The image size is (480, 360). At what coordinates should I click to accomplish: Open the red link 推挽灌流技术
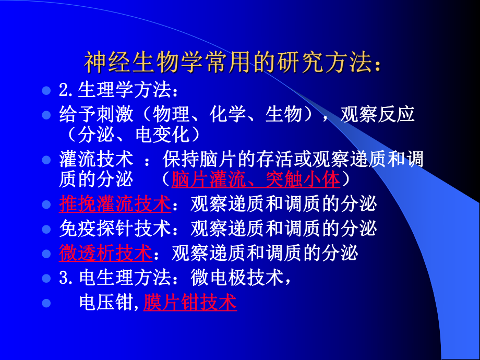[115, 205]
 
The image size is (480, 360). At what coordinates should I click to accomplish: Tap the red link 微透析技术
[106, 253]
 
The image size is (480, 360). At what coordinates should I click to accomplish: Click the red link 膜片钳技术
[190, 302]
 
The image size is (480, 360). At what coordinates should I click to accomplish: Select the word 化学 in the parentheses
[227, 114]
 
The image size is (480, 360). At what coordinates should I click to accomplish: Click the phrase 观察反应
[377, 114]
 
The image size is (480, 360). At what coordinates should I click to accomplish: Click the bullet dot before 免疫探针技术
[46, 229]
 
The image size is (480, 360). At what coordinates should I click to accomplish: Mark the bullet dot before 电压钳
[46, 303]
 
